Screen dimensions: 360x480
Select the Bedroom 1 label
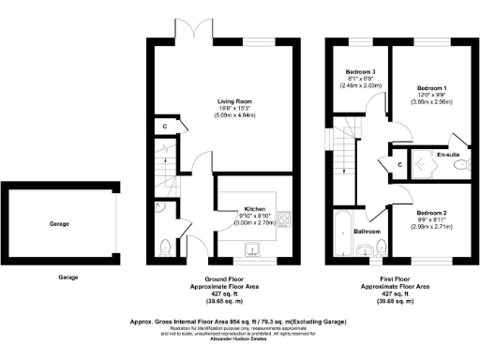(x=432, y=88)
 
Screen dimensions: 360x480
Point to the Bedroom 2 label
(x=432, y=213)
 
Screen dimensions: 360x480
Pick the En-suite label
(x=448, y=154)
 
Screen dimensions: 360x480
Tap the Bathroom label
(x=367, y=231)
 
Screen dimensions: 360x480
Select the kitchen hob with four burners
(x=287, y=222)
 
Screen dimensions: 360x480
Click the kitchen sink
(x=251, y=249)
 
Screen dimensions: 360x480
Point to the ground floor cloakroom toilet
(x=165, y=247)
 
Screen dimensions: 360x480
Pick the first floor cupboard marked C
(x=399, y=166)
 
